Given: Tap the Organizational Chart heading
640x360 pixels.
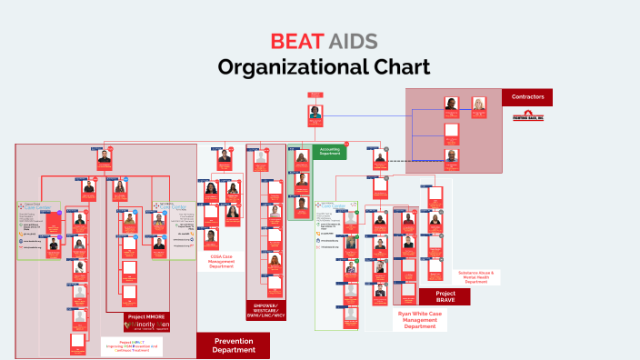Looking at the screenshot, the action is [x=320, y=68].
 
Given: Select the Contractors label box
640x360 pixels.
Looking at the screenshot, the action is [x=527, y=96].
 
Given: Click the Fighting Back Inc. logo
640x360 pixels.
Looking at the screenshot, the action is [x=527, y=116].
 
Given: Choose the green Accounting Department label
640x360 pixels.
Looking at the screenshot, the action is [x=329, y=152].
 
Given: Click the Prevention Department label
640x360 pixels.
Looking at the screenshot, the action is [x=233, y=345].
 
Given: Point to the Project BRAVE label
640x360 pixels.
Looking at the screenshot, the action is [x=445, y=296].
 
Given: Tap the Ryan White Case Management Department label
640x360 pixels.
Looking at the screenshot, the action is [x=425, y=320].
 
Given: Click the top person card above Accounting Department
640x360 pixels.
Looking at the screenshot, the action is [x=315, y=115].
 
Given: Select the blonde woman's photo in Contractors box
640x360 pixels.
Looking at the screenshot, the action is [x=478, y=108].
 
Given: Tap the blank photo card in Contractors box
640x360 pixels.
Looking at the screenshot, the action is [x=452, y=134].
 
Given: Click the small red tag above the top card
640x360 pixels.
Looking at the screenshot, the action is [x=315, y=94].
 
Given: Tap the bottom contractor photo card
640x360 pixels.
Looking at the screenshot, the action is [x=452, y=158].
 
